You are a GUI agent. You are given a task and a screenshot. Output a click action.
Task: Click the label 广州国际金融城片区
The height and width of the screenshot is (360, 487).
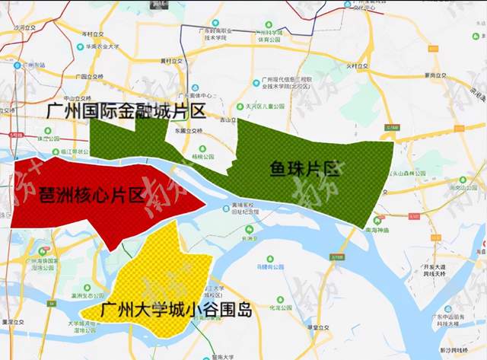click(x=126, y=113)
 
